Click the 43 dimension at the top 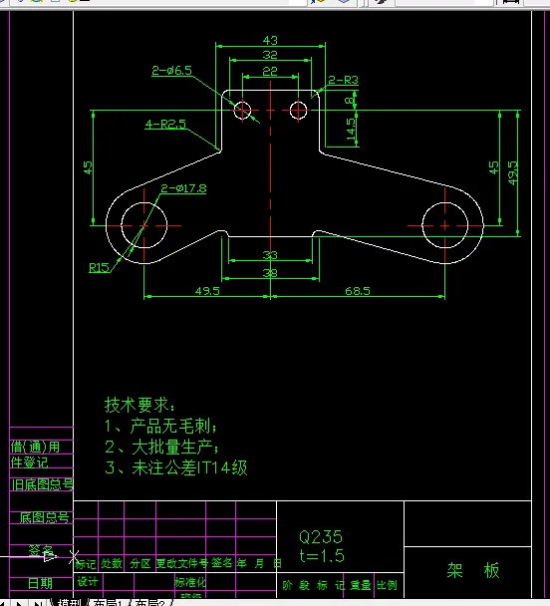pyautogui.click(x=270, y=40)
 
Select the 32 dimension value pyautogui.click(x=270, y=56)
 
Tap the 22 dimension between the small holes pyautogui.click(x=270, y=72)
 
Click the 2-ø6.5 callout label pyautogui.click(x=171, y=71)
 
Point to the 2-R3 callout pyautogui.click(x=343, y=80)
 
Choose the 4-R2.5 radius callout pyautogui.click(x=165, y=125)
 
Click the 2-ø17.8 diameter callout pyautogui.click(x=183, y=188)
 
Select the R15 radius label pyautogui.click(x=99, y=267)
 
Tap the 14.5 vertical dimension pyautogui.click(x=351, y=131)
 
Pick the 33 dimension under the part pyautogui.click(x=270, y=256)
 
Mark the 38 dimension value pyautogui.click(x=270, y=272)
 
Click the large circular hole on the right pyautogui.click(x=443, y=224)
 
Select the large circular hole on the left pyautogui.click(x=143, y=225)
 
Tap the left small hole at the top pyautogui.click(x=243, y=110)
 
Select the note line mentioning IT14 pyautogui.click(x=175, y=466)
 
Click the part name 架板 pyautogui.click(x=473, y=570)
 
